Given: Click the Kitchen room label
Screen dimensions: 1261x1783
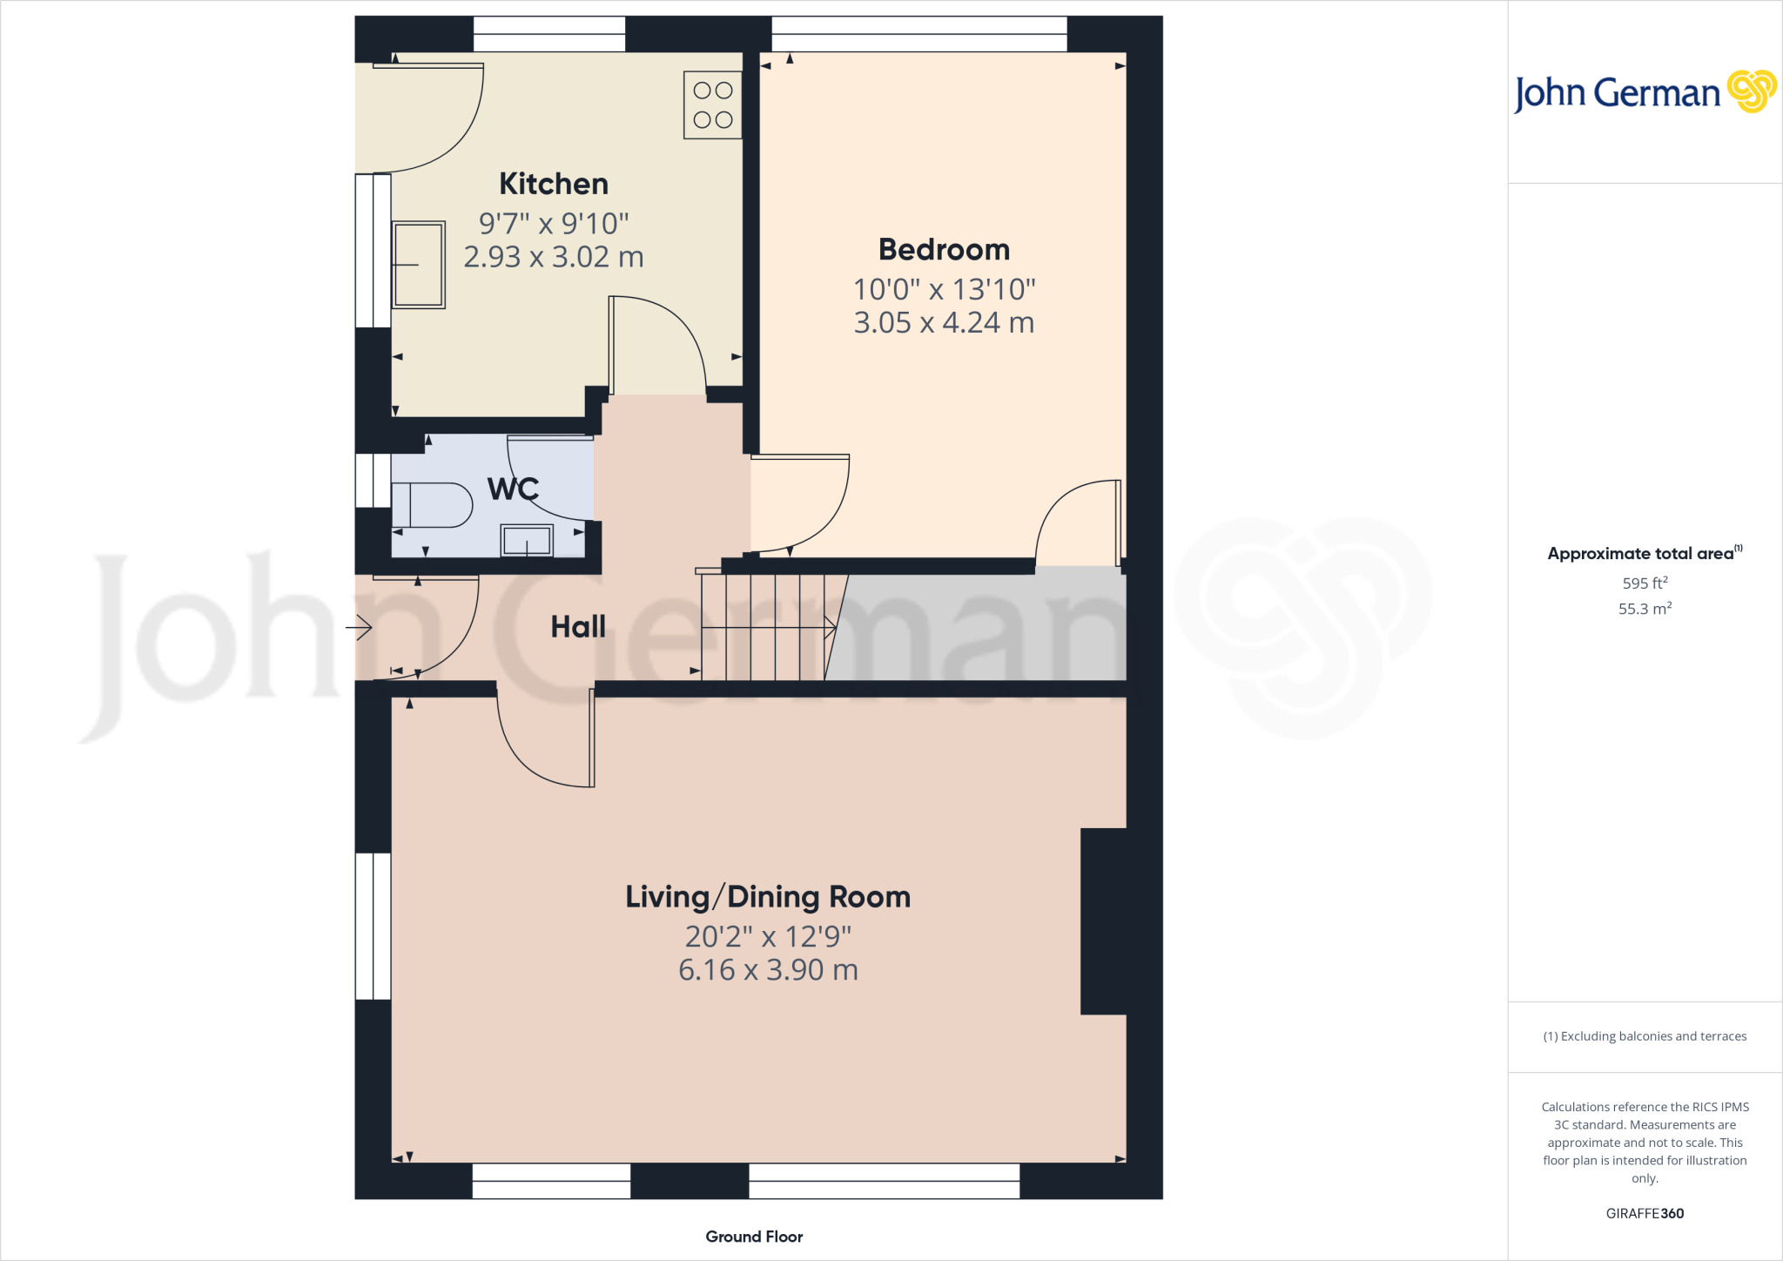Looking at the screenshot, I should (554, 184).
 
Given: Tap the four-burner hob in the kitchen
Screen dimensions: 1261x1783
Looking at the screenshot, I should (712, 105).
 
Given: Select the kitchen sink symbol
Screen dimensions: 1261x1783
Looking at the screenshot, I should (419, 265).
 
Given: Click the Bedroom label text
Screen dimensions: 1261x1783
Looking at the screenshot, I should (944, 250).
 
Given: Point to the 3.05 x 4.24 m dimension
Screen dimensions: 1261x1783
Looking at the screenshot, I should (944, 323).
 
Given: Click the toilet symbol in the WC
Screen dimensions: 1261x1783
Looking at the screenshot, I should (433, 505).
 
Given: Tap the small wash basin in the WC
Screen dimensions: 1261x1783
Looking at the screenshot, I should (527, 541).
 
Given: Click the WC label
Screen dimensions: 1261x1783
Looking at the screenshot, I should (513, 489).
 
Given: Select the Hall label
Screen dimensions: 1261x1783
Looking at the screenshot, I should (578, 627).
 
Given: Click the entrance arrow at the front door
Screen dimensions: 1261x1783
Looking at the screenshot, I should (360, 627).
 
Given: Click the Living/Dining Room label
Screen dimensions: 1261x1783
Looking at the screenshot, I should (768, 897).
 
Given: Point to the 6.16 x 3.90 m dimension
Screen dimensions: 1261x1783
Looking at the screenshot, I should (768, 970).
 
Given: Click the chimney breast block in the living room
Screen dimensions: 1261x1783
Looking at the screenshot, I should (1104, 920).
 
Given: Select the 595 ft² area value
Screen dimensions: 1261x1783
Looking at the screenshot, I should (1645, 583).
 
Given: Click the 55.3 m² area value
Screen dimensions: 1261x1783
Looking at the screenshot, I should (1645, 609).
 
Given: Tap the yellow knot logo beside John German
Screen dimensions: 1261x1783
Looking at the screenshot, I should (1751, 91).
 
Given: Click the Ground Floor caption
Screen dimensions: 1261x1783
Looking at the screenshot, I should (754, 1237).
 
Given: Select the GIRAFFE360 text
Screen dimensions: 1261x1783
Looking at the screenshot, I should (1645, 1213).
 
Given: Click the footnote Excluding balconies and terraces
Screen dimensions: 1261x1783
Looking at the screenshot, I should (1645, 1036).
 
